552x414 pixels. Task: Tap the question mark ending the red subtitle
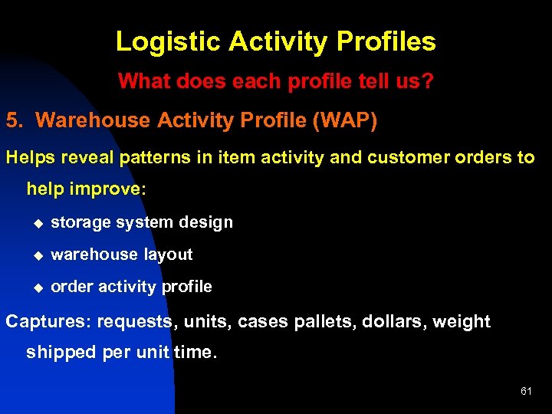tap(428, 81)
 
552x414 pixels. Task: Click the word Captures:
tap(48, 322)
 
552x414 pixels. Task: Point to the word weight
tap(462, 322)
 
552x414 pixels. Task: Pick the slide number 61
tap(526, 391)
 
